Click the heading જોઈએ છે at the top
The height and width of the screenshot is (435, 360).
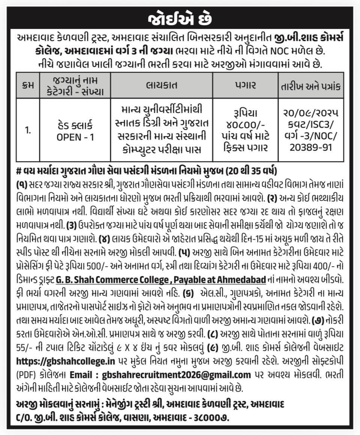(180, 19)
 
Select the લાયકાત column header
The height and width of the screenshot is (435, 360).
(162, 85)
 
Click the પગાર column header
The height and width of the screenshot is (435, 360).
(245, 85)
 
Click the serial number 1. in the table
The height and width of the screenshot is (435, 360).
(28, 130)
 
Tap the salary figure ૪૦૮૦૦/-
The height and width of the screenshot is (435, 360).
(245, 124)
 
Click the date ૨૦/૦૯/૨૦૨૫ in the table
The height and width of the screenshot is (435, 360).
(311, 113)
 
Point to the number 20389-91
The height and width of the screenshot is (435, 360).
(311, 147)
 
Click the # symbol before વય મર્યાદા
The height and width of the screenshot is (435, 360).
(20, 171)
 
